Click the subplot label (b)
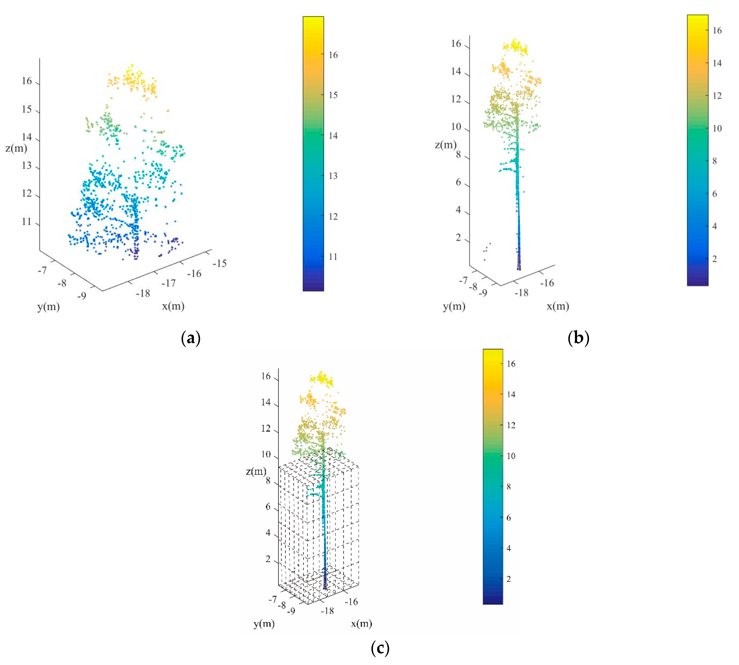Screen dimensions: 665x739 (x=578, y=337)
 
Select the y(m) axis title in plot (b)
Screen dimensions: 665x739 (x=454, y=306)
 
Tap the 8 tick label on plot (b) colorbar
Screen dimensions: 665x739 (x=714, y=161)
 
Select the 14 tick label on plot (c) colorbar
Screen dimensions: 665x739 (x=511, y=394)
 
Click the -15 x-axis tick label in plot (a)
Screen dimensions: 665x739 (x=220, y=263)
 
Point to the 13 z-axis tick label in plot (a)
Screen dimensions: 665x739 (x=27, y=165)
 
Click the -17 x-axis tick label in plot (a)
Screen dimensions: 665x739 (x=169, y=283)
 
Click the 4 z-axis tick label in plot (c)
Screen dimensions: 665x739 (x=268, y=532)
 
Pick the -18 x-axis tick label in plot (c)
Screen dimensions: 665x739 (x=327, y=611)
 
